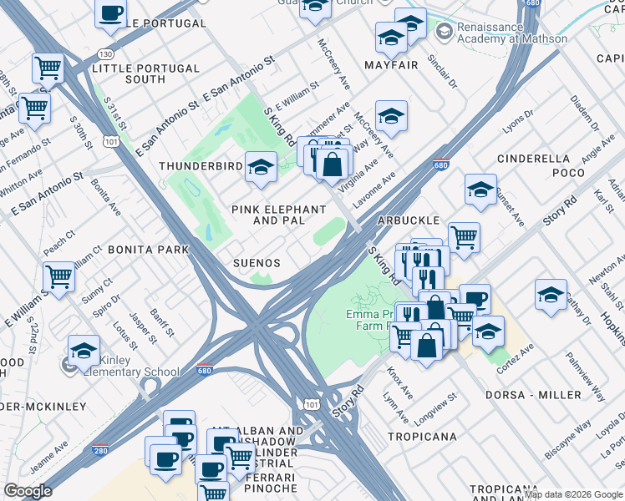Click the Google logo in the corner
pos(28,490)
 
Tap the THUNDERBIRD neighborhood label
pos(201,167)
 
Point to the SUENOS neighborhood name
pos(256,262)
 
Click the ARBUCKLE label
pos(408,220)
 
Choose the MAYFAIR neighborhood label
pos(390,64)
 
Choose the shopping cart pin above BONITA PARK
pos(59,276)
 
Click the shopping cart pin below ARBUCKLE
pos(464,236)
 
